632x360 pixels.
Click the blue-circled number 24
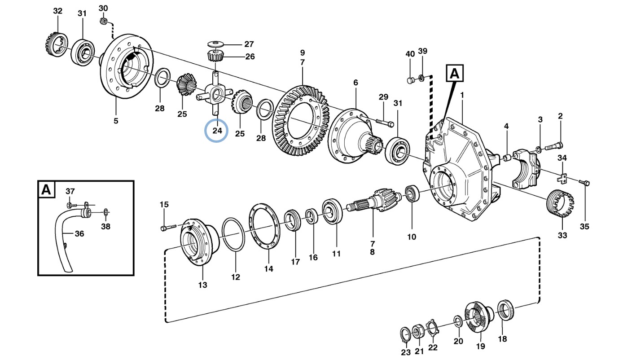tap(217, 131)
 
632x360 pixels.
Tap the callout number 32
tap(57, 11)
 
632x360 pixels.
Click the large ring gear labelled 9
tap(301, 121)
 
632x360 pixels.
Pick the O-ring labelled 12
tap(233, 234)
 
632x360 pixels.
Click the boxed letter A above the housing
tap(455, 73)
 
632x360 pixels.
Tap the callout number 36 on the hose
tap(79, 233)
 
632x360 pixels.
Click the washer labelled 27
tap(215, 44)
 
